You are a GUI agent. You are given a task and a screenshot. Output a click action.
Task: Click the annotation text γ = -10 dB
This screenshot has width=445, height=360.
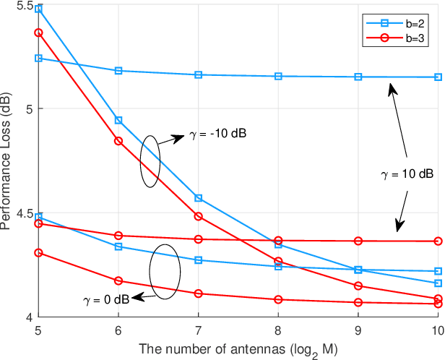[x=219, y=134]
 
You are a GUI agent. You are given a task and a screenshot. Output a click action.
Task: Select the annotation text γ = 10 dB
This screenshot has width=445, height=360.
[x=407, y=174]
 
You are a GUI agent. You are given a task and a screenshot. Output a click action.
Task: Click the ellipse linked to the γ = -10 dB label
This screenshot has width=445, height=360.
[x=150, y=161]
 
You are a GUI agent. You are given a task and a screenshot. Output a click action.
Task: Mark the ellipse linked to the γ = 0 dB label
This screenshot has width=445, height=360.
[x=164, y=272]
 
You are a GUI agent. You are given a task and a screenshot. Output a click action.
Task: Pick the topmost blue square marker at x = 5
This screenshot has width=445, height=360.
[x=38, y=9]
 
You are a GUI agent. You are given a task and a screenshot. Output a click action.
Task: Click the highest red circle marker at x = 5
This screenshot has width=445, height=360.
[x=38, y=33]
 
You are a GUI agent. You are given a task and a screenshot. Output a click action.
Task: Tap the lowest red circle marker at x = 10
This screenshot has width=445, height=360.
[x=438, y=304]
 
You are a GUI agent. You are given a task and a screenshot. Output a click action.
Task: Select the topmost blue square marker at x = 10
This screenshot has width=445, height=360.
[x=438, y=77]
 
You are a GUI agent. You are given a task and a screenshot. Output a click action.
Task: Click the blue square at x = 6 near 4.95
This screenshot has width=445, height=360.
[x=118, y=120]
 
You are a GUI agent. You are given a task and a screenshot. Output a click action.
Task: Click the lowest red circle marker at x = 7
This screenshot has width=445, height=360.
[x=198, y=293]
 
